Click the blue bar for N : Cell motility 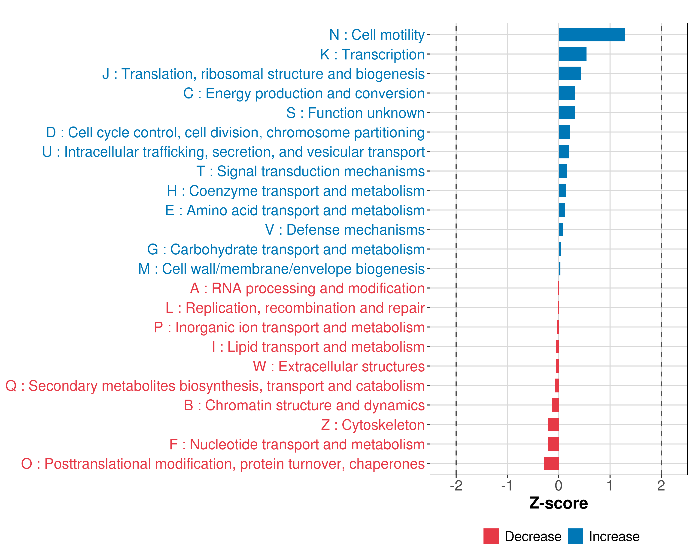click(591, 35)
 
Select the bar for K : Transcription click(572, 54)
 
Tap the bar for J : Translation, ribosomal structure click(570, 74)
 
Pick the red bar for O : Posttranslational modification click(551, 464)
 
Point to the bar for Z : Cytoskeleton click(553, 425)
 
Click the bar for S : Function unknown click(566, 113)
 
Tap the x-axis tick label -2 click(456, 485)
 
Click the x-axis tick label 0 click(559, 485)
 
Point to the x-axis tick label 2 click(661, 485)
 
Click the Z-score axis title click(558, 503)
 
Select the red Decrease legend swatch click(491, 536)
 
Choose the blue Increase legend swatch click(575, 536)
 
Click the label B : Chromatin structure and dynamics click(304, 405)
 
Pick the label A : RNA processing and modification click(307, 289)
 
